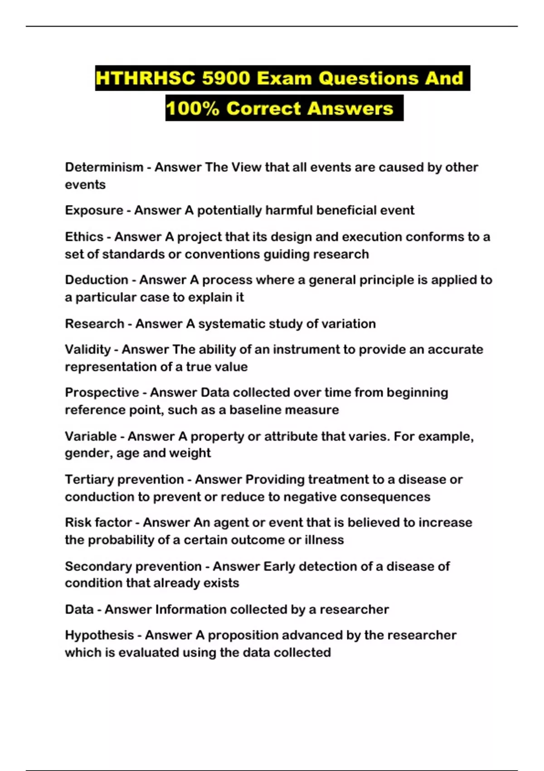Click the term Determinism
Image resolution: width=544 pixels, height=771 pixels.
pyautogui.click(x=104, y=167)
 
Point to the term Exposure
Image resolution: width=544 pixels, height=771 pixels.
pyautogui.click(x=94, y=210)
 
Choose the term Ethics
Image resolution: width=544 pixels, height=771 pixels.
pyautogui.click(x=84, y=237)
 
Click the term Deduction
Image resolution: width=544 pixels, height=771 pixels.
pyautogui.click(x=96, y=280)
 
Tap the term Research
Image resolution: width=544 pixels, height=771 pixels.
pyautogui.click(x=94, y=324)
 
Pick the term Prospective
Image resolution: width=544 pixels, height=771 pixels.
pyautogui.click(x=102, y=393)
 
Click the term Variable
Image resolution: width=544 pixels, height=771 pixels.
pyautogui.click(x=91, y=436)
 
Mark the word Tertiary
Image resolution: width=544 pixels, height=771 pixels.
pyautogui.click(x=88, y=480)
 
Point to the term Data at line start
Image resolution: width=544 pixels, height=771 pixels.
pyautogui.click(x=79, y=610)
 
